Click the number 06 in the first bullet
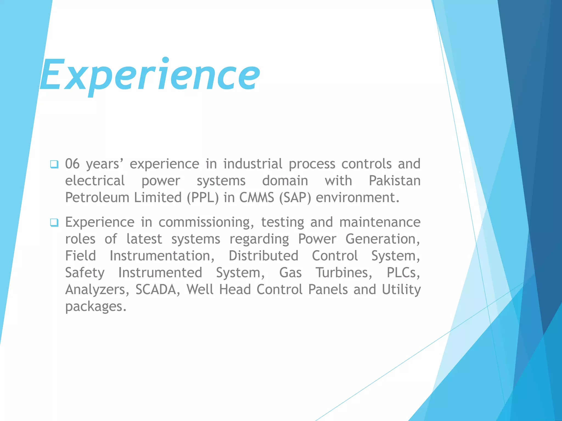tap(72, 164)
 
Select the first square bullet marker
tap(54, 164)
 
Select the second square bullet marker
tap(54, 223)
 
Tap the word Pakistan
tap(394, 181)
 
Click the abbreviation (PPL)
tap(203, 198)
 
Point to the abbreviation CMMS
tap(257, 198)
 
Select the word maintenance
tap(380, 222)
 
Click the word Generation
tap(382, 239)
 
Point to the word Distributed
tap(263, 256)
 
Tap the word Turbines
tap(344, 273)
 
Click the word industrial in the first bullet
tap(253, 164)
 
